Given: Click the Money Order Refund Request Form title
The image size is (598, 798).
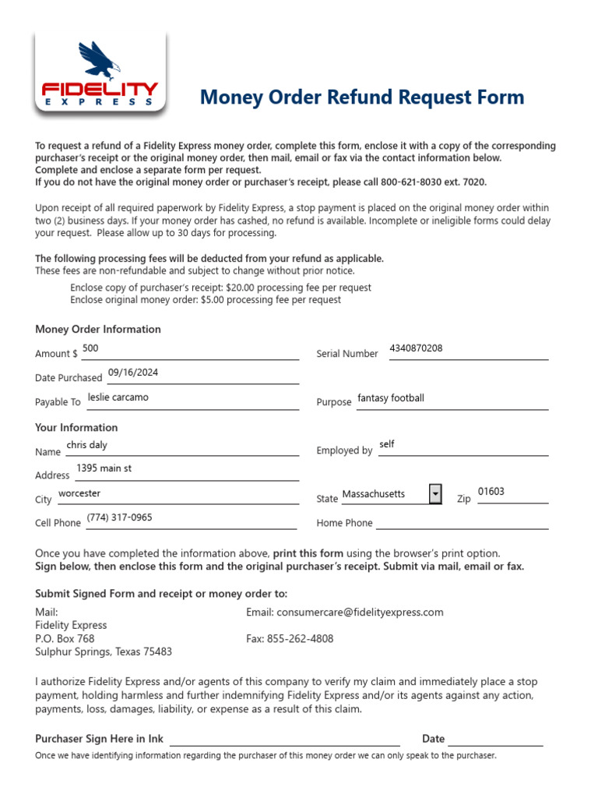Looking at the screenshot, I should coord(362,97).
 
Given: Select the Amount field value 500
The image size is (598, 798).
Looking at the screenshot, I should coord(90,348).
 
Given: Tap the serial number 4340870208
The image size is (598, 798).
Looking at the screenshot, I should coord(416,348).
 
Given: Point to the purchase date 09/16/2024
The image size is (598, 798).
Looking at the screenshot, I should coord(133,373).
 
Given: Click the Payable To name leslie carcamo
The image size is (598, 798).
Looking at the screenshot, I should coord(118,397).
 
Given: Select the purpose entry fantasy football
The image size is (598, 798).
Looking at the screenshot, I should coord(391,398).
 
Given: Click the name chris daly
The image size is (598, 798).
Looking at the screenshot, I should coord(87,445).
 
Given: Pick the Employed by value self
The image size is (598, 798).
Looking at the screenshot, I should coord(387,444).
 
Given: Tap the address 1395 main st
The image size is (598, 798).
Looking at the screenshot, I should coord(104,469).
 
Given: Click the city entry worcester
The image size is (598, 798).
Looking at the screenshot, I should coord(79,493).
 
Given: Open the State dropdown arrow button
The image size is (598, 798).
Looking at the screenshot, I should coord(435,494).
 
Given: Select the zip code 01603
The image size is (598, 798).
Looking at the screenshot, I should coord(491,492).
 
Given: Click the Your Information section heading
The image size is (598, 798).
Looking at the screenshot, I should coord(76,428).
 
